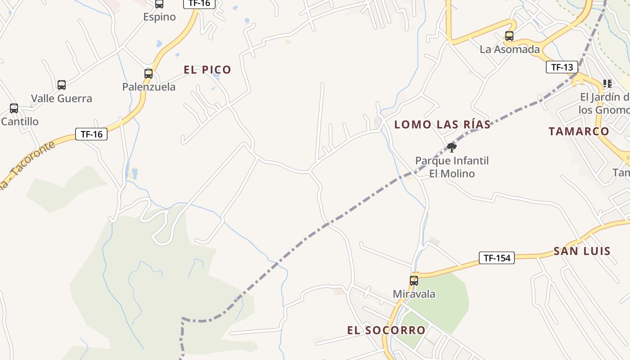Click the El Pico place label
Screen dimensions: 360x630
pyautogui.click(x=207, y=70)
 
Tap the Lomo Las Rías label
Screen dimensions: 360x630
pyautogui.click(x=442, y=125)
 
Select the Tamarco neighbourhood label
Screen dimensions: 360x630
pyautogui.click(x=579, y=131)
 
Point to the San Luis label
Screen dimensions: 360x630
pyautogui.click(x=582, y=251)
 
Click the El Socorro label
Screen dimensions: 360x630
pyautogui.click(x=386, y=330)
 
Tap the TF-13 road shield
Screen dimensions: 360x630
pyautogui.click(x=562, y=67)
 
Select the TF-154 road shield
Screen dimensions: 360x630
pyautogui.click(x=496, y=258)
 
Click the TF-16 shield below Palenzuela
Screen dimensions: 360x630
pyautogui.click(x=91, y=134)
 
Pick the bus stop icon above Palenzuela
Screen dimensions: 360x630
pyautogui.click(x=148, y=74)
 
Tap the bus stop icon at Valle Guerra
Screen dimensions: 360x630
pyautogui.click(x=62, y=85)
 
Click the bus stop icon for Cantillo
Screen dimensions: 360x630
pyautogui.click(x=14, y=108)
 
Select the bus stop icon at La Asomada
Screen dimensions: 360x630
pyautogui.click(x=509, y=36)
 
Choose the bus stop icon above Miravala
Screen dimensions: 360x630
pyautogui.click(x=414, y=281)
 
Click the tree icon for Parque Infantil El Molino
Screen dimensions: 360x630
pyautogui.click(x=452, y=147)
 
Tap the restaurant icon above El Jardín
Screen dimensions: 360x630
pyautogui.click(x=607, y=83)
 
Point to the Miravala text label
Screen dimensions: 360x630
pyautogui.click(x=414, y=294)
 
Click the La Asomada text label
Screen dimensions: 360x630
pyautogui.click(x=509, y=49)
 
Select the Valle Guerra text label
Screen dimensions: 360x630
pyautogui.click(x=62, y=99)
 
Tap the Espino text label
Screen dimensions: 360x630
pyautogui.click(x=159, y=17)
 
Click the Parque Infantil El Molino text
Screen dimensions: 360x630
pyautogui.click(x=452, y=167)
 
